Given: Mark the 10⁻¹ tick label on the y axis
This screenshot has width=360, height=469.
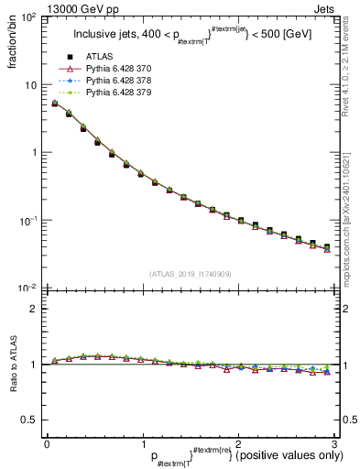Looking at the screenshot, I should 27,221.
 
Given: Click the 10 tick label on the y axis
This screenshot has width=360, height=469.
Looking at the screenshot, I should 30,85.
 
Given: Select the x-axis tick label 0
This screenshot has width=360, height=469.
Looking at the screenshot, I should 47,443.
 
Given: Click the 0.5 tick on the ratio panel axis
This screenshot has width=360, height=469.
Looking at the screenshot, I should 29,420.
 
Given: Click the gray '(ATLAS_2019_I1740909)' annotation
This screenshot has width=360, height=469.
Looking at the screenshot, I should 190,274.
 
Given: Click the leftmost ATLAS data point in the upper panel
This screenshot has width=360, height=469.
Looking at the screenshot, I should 55,104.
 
